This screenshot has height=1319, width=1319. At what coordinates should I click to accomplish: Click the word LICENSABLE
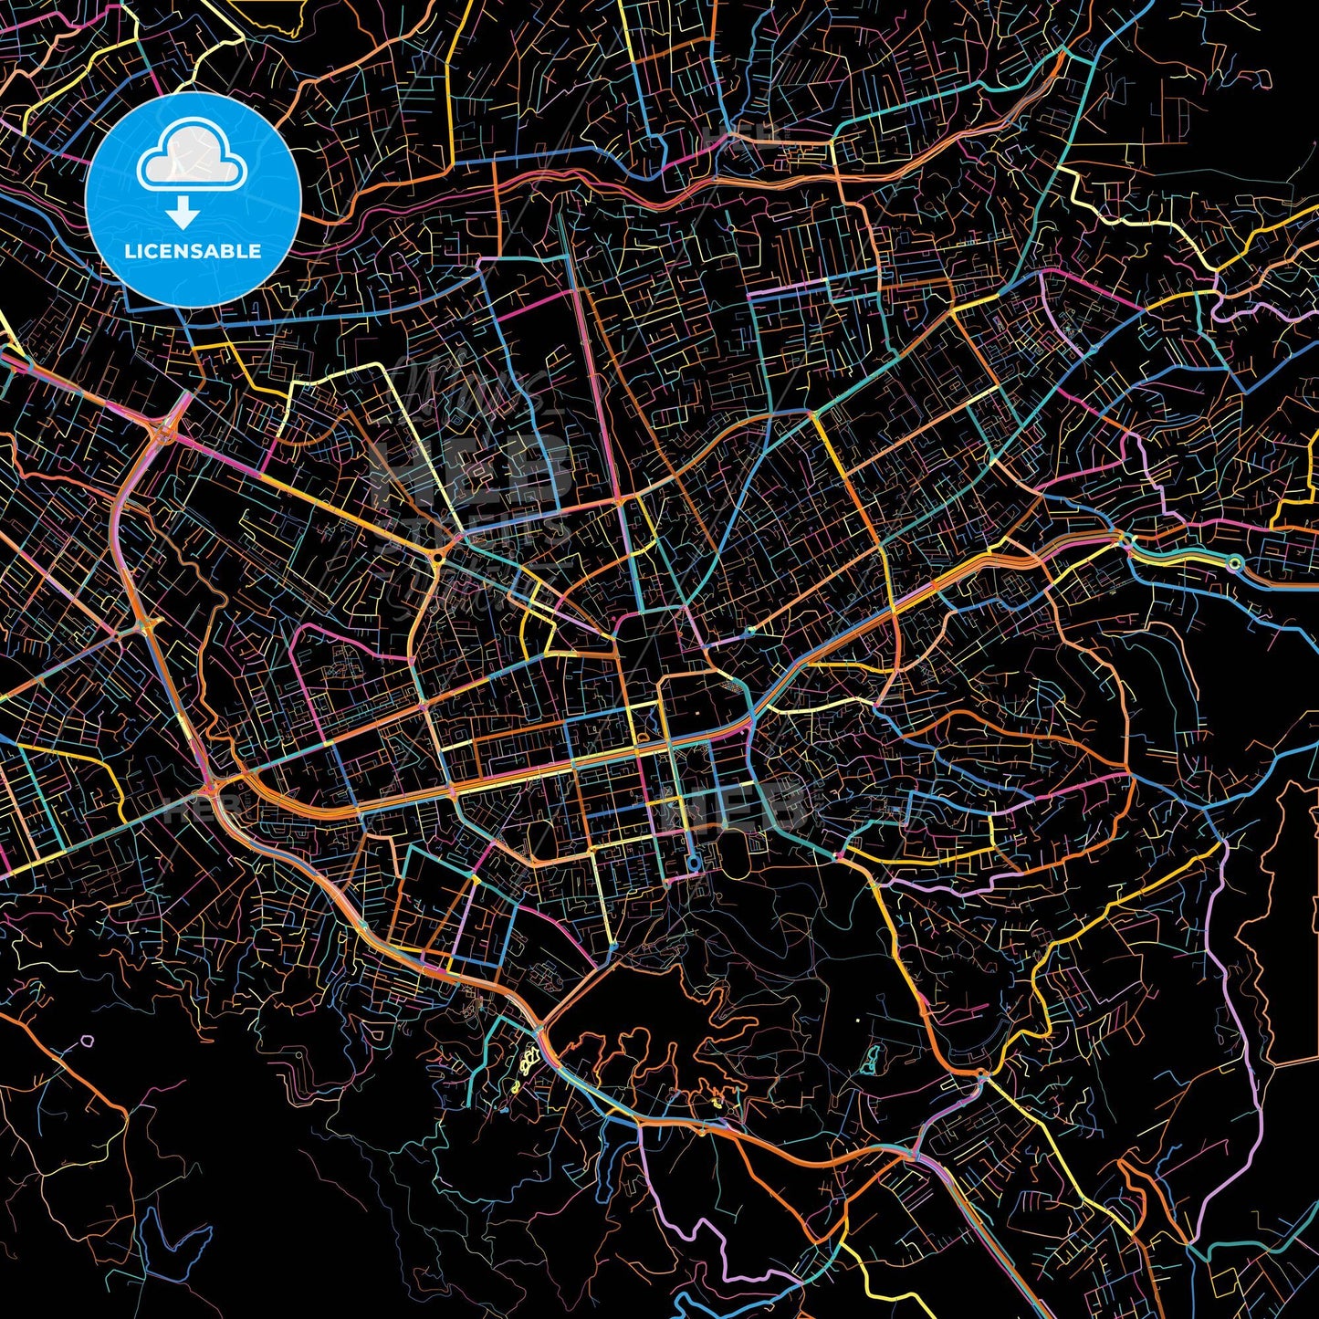point(193,251)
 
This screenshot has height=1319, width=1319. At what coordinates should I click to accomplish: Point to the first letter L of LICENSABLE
point(129,251)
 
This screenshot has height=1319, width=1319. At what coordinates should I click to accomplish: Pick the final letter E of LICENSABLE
point(256,251)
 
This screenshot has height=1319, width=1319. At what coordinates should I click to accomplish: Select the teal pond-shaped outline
point(869,1059)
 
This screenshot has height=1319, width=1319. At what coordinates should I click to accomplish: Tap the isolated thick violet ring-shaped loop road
point(88,1040)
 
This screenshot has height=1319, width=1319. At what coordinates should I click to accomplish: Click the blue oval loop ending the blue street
point(694,863)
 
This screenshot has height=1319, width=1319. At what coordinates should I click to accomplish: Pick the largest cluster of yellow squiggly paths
point(528,1063)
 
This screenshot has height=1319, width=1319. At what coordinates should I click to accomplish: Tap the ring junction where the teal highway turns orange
point(1234,563)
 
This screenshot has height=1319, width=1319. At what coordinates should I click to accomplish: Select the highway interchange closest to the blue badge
point(169,424)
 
